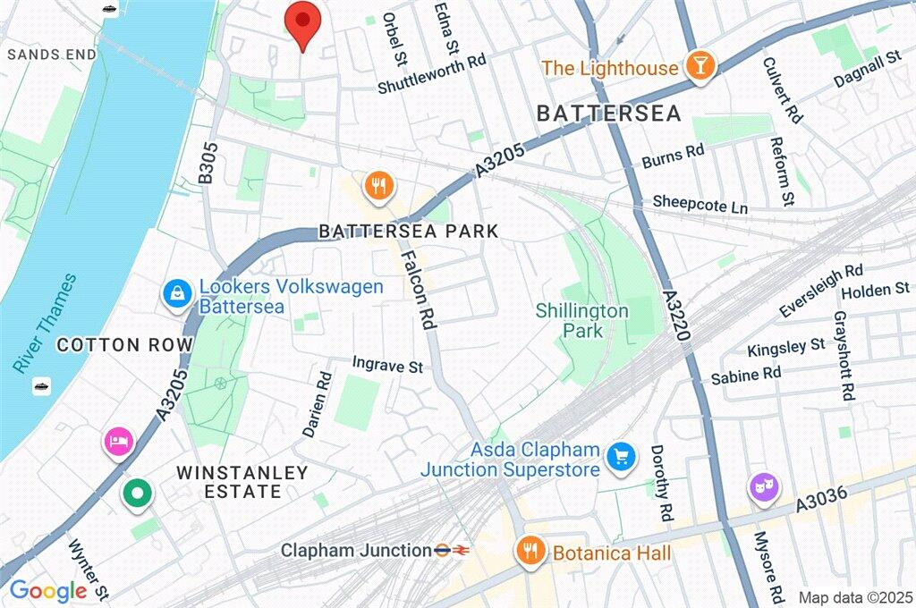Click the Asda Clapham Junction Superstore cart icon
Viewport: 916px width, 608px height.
point(619,458)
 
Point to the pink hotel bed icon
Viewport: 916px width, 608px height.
point(119,441)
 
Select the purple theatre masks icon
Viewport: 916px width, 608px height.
point(763,487)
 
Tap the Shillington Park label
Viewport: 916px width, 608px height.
point(582,321)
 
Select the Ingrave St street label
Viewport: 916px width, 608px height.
point(387,366)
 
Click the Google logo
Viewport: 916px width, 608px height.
point(47,591)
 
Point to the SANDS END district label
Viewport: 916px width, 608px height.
point(51,55)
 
